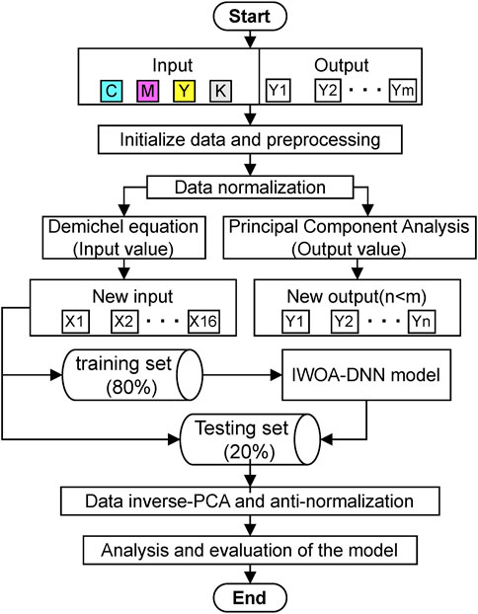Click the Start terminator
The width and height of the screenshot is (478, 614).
pos(250,16)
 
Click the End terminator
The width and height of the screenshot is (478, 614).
pos(250,597)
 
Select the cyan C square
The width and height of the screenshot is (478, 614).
pos(112,91)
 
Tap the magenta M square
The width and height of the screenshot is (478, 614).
pos(148,91)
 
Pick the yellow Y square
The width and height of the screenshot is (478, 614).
pos(184,91)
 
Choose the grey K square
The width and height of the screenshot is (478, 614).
pos(220,91)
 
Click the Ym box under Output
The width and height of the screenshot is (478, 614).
pos(402,91)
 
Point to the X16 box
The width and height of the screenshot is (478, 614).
pos(203,322)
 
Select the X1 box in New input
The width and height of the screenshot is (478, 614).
pos(75,322)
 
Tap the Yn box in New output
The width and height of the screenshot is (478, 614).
pos(421,322)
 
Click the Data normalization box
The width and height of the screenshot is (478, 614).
pos(250,188)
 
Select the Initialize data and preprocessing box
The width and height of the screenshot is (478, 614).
pos(250,139)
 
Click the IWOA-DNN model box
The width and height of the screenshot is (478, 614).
pos(366,375)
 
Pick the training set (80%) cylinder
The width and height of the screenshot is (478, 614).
pos(132,375)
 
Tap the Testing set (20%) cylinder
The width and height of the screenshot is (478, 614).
pos(250,439)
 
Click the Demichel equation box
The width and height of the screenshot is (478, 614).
pos(123,238)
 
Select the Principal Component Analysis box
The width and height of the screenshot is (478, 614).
pos(350,238)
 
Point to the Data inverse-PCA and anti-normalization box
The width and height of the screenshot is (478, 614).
pos(250,500)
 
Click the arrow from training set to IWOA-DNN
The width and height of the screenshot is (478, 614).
pos(243,375)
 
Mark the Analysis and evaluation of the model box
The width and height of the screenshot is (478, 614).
pos(250,550)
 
